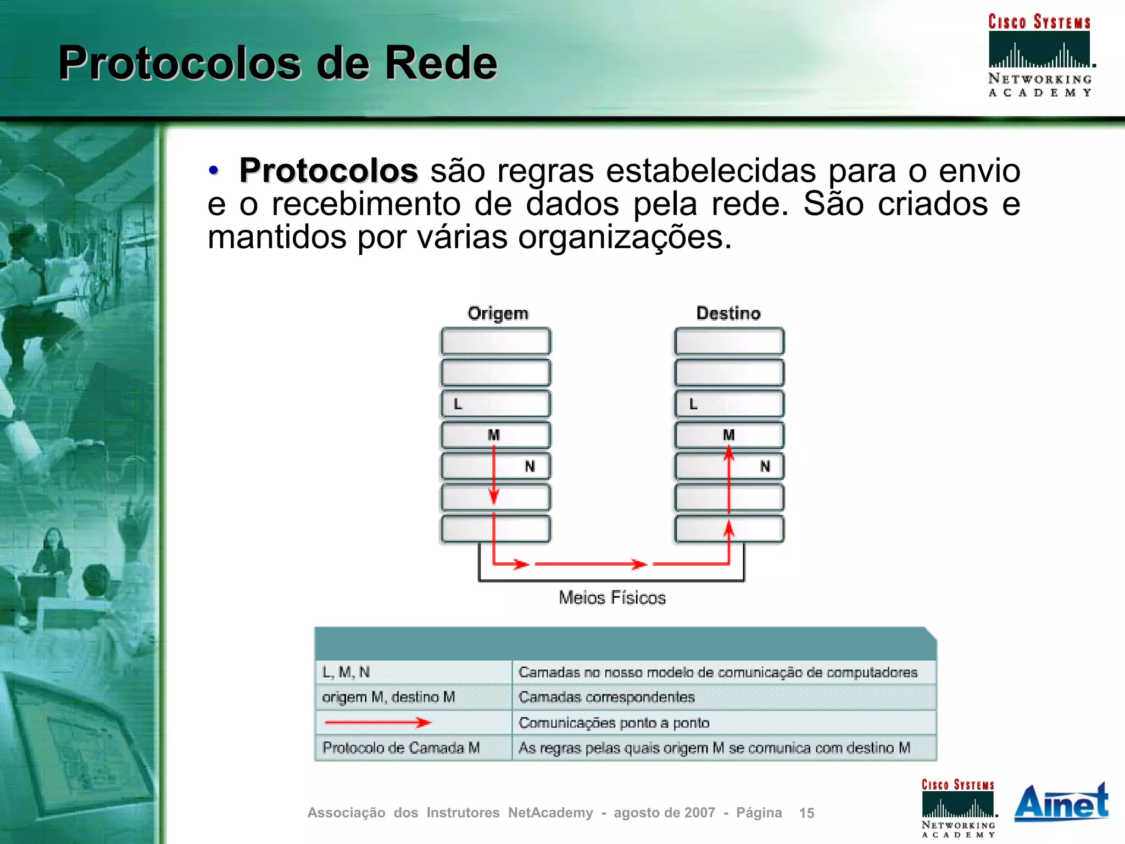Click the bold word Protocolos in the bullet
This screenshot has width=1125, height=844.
click(x=328, y=171)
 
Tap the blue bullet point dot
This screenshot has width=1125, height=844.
click(x=214, y=170)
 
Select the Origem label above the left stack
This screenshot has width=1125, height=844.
click(x=498, y=313)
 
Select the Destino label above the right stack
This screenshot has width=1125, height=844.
click(x=728, y=313)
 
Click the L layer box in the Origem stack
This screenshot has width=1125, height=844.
click(x=495, y=404)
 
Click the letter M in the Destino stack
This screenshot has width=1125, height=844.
click(x=728, y=435)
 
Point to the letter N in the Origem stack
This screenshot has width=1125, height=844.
click(x=530, y=466)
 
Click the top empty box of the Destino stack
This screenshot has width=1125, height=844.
click(x=729, y=342)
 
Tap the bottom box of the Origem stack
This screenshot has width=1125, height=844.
click(x=495, y=529)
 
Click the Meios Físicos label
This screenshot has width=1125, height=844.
click(x=612, y=597)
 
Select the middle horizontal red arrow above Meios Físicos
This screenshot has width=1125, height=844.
click(x=591, y=564)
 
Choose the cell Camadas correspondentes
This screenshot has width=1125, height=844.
click(x=606, y=697)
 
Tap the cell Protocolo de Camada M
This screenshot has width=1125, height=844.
click(x=401, y=748)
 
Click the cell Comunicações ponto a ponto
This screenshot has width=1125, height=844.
click(x=614, y=723)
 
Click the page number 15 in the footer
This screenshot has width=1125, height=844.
click(x=806, y=813)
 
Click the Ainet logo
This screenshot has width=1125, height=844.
click(x=1061, y=803)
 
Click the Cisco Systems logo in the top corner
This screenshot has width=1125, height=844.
click(x=1039, y=55)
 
